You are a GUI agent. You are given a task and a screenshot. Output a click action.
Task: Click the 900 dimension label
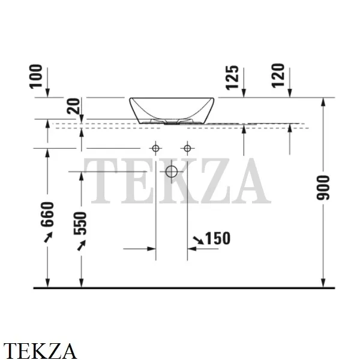[x=323, y=188]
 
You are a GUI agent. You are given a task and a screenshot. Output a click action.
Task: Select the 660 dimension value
[x=47, y=214]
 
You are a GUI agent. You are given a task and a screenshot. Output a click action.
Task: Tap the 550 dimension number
[x=80, y=223]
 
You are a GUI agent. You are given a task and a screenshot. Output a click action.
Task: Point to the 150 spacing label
[x=218, y=238]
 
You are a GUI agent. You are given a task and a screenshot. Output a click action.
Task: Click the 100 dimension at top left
[x=36, y=76]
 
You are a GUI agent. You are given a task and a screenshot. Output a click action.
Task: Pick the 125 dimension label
[x=232, y=77]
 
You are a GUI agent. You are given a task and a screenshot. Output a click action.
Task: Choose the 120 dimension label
[x=278, y=76]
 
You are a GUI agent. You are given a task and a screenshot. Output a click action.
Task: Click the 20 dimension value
[x=73, y=106]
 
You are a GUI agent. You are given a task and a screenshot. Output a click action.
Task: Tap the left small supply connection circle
[x=155, y=148]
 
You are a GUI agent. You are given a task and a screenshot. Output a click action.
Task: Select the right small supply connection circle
[x=187, y=148]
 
